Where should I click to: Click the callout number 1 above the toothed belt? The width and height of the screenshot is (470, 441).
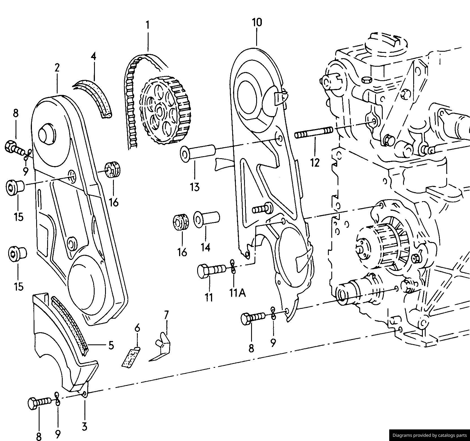pos(147,25)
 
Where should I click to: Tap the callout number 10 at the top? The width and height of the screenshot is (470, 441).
pos(257,22)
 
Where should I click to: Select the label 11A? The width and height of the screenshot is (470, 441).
pos(237,293)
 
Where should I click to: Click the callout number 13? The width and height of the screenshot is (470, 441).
pos(195,187)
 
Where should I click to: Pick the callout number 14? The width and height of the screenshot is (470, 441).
pos(205,247)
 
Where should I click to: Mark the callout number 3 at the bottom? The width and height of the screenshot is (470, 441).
pos(84,427)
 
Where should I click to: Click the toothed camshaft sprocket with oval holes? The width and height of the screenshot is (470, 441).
pos(165,110)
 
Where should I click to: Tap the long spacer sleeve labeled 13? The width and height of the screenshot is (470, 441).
pos(198,153)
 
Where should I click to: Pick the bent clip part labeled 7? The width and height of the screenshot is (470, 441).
pos(162,347)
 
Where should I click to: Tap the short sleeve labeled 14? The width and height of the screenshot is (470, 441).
pos(206,219)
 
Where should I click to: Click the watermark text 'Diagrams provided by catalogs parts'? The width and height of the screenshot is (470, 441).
pos(430,435)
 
